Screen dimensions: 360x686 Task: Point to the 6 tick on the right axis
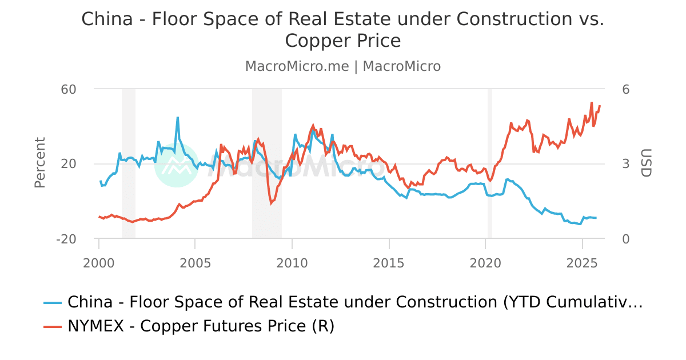point(626,89)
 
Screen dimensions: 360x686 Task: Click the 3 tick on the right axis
point(626,164)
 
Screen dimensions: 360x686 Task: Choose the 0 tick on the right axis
point(626,239)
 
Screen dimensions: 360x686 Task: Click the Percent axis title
point(40,163)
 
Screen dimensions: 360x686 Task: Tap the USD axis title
point(645,163)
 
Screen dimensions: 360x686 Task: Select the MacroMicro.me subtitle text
point(297,66)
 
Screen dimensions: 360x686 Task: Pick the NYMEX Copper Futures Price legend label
point(201,326)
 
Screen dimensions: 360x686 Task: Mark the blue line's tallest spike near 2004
point(178,118)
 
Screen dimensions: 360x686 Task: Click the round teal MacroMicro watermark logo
point(177,165)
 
